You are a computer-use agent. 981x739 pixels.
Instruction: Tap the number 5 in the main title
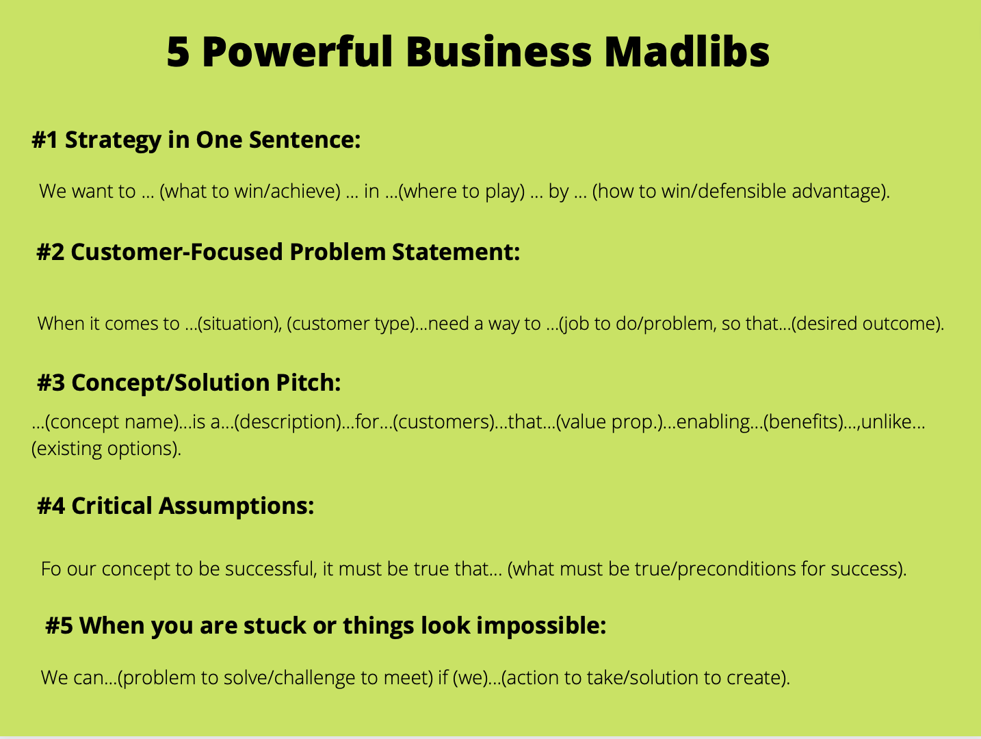[x=178, y=52]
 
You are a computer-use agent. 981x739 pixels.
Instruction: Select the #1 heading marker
[x=44, y=140]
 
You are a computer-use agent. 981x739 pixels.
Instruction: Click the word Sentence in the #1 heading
[x=305, y=140]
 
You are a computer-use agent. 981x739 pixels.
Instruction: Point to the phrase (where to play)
[x=461, y=192]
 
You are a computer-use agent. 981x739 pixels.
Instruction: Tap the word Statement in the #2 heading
[x=456, y=252]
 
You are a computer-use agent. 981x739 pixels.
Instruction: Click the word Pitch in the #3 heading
[x=308, y=383]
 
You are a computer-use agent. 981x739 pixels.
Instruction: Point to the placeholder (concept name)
[x=112, y=422]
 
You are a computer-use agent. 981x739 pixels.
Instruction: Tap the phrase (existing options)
[x=105, y=449]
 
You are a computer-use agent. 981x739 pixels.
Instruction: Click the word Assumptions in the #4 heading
[x=236, y=506]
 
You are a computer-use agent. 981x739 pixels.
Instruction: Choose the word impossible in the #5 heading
[x=540, y=625]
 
